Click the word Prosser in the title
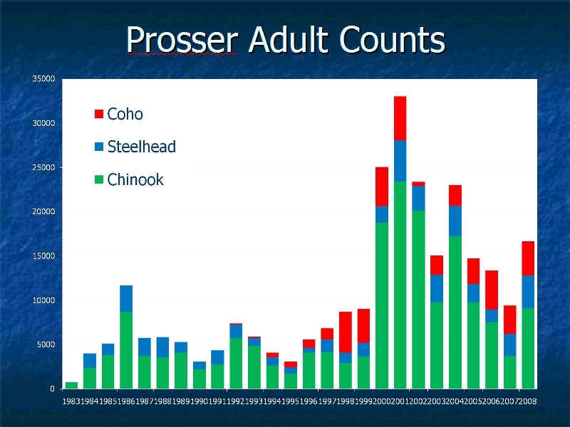(x=182, y=40)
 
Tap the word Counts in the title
(x=393, y=39)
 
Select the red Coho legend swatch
(x=99, y=114)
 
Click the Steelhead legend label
(x=141, y=147)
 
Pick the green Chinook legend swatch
(x=99, y=179)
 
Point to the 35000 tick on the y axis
(x=43, y=79)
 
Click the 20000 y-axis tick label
(x=43, y=211)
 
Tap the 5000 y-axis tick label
(x=46, y=344)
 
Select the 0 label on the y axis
(x=52, y=389)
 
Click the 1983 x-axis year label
(x=71, y=401)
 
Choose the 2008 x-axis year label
(x=528, y=401)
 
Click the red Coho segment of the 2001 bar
(x=400, y=118)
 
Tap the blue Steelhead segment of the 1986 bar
(x=126, y=298)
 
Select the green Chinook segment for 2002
(x=418, y=300)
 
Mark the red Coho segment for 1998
(x=346, y=332)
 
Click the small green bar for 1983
(x=71, y=385)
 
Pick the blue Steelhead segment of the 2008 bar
(x=528, y=292)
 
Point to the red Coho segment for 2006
(x=492, y=290)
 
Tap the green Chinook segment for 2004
(x=455, y=312)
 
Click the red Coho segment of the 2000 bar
(x=382, y=186)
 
